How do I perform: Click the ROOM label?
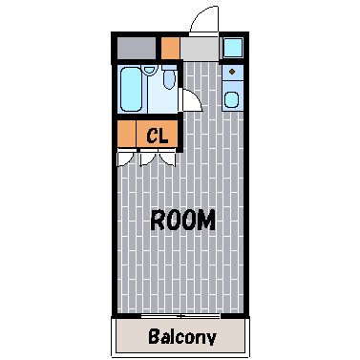[182, 220]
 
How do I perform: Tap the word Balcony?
[182, 336]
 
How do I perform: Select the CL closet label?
[158, 137]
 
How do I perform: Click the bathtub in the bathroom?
[131, 89]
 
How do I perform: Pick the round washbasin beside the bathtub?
[149, 70]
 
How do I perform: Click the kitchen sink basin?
[231, 100]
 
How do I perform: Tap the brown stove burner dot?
[232, 72]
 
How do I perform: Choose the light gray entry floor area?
[200, 48]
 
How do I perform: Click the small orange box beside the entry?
[171, 48]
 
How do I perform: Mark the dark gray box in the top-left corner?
[137, 48]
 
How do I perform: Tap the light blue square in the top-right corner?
[233, 48]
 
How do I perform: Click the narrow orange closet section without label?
[127, 134]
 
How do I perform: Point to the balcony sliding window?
[180, 316]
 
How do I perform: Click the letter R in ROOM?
[157, 220]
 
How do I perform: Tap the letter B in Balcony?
[155, 336]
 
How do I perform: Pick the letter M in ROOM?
[206, 221]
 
